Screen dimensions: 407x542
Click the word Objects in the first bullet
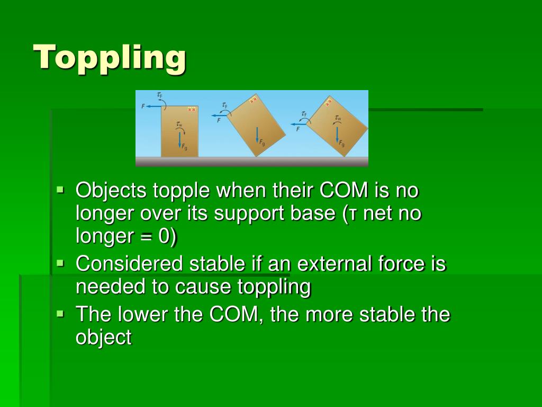point(111,189)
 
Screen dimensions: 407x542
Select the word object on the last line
point(103,338)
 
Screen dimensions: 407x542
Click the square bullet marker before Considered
point(60,262)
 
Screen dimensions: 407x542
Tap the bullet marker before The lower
point(60,313)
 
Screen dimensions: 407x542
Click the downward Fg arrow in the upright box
point(180,139)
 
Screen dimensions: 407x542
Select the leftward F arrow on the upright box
point(154,106)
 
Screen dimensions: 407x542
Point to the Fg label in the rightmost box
point(342,144)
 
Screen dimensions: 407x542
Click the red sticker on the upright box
point(192,109)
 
